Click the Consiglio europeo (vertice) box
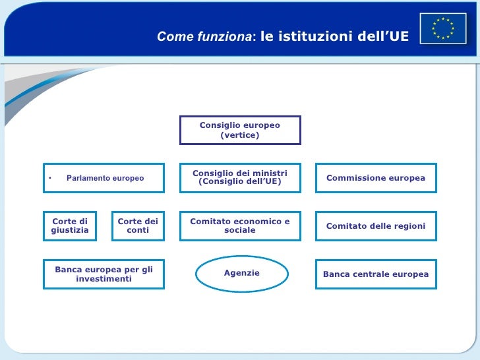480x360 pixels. click(240, 130)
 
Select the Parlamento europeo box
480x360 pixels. click(104, 178)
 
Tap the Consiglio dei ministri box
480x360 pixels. click(240, 178)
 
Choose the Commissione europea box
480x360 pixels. click(376, 178)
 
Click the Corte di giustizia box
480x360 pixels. click(70, 226)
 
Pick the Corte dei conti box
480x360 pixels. click(138, 226)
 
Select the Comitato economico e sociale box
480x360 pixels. click(240, 226)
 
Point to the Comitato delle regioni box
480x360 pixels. click(376, 226)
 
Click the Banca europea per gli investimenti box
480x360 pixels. click(104, 274)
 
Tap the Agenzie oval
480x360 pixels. click(242, 274)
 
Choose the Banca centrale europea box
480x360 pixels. click(376, 274)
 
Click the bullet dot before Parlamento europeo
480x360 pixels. click(49, 179)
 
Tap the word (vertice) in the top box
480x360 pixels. click(240, 135)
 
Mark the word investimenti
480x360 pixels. click(104, 280)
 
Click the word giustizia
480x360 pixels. click(70, 231)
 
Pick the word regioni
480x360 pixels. click(409, 226)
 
